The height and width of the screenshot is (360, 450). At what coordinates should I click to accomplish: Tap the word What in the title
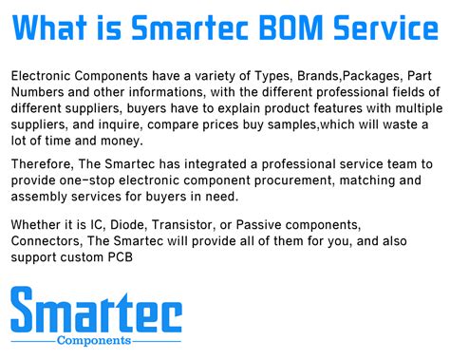tap(49, 28)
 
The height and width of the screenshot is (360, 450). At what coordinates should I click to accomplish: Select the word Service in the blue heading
tap(386, 28)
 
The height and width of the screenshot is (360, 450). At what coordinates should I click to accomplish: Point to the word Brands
tap(318, 76)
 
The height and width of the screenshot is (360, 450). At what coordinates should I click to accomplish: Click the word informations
tap(165, 92)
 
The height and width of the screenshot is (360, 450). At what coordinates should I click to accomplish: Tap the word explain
tap(239, 108)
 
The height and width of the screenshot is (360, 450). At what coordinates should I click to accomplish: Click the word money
tap(122, 141)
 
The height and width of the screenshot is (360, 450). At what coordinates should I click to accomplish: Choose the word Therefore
tap(43, 164)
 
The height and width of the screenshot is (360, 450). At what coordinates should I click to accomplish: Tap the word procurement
tap(294, 180)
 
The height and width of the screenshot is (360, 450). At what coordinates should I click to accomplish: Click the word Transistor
tap(182, 225)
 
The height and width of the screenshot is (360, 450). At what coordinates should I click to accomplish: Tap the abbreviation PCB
tap(121, 257)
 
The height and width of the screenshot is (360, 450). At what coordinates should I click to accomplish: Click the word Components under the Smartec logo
tap(94, 341)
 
